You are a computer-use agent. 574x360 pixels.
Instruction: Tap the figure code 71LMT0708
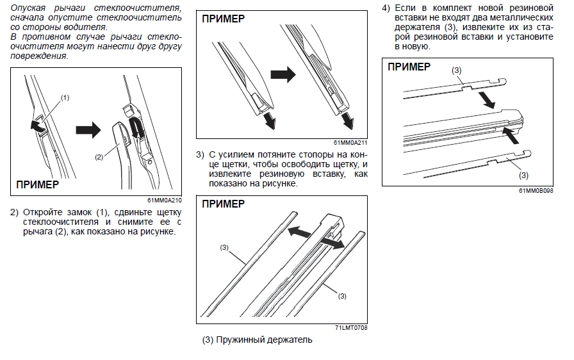350,327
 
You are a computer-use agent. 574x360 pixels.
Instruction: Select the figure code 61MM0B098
536,190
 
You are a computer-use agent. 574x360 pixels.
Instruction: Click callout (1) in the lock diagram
65,97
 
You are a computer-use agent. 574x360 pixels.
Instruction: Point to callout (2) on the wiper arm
99,156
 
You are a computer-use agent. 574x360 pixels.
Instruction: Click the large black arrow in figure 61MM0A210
88,130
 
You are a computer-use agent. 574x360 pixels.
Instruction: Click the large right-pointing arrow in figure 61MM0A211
283,75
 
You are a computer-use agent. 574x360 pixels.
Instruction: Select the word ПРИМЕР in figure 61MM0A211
223,19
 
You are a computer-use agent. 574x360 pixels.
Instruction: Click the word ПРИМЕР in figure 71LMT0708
223,204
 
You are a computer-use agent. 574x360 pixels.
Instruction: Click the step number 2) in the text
13,212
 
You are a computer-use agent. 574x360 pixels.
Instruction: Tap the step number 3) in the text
200,155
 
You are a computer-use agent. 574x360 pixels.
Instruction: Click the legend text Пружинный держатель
265,340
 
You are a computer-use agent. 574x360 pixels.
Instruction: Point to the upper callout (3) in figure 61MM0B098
457,70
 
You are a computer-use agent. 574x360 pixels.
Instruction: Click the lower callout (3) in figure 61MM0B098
523,175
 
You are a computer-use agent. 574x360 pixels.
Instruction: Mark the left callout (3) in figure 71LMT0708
224,247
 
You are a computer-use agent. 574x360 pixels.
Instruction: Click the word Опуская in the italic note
28,8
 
